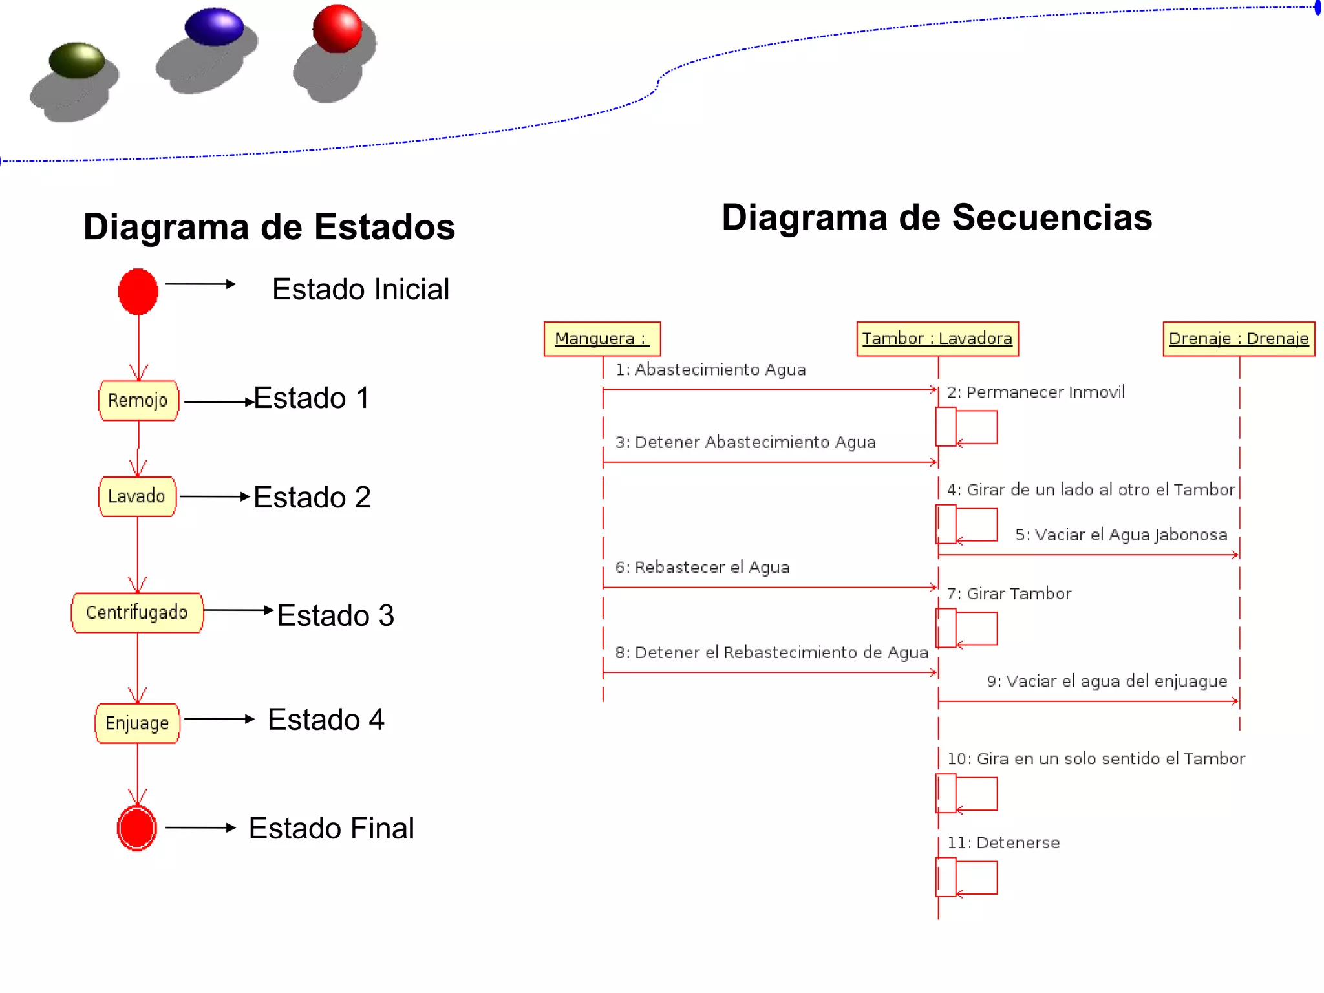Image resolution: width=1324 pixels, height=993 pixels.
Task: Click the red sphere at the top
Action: point(337,29)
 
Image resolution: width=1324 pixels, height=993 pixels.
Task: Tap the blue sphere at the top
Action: point(214,27)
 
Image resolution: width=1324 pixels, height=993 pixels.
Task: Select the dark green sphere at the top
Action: point(77,60)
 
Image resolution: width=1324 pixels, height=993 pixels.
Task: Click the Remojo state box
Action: point(138,401)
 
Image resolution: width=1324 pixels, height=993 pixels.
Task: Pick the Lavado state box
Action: point(137,496)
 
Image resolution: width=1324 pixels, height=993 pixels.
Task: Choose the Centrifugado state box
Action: point(137,612)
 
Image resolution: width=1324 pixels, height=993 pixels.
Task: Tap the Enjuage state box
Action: point(137,723)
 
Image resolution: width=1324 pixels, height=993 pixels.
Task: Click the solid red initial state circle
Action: point(138,292)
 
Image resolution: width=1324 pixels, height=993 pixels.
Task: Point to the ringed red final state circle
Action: point(137,828)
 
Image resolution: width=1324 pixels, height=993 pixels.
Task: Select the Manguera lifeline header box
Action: point(602,339)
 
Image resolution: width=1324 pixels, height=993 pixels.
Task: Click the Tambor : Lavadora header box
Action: point(937,339)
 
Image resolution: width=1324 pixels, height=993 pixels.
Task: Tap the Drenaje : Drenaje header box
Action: point(1239,339)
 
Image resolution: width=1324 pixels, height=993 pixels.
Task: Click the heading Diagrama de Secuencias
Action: point(937,217)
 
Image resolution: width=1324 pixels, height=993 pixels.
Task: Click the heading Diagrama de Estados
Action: point(269,227)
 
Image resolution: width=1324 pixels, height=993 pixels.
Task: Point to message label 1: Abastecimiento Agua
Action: point(710,370)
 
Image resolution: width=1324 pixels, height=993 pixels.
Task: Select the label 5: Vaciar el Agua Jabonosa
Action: point(1121,535)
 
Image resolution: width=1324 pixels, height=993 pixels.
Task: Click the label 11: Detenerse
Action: point(1003,843)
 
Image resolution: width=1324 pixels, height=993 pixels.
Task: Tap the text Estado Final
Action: point(331,829)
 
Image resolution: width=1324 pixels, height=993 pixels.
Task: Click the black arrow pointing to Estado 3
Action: point(238,610)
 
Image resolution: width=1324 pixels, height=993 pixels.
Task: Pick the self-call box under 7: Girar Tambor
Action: point(966,628)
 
